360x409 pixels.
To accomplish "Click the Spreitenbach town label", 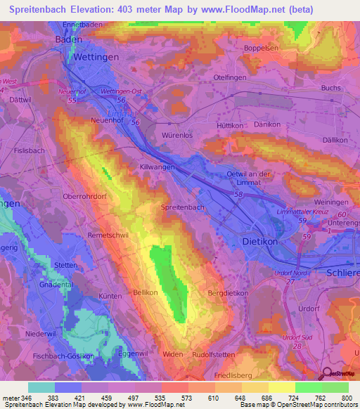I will click(x=184, y=207).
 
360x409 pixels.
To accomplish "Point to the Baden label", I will click(x=68, y=40).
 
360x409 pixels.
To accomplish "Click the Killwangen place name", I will click(x=158, y=169).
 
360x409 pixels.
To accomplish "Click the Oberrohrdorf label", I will click(x=84, y=197).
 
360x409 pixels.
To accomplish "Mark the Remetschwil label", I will click(x=108, y=235).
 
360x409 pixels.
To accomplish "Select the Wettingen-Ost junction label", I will click(x=121, y=91).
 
